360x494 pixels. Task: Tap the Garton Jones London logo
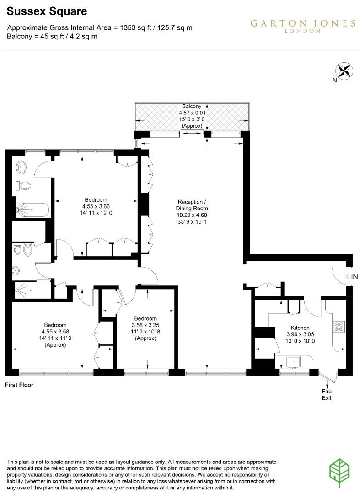(x=302, y=26)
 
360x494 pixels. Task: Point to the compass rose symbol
(x=344, y=71)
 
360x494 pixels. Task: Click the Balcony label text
(x=191, y=106)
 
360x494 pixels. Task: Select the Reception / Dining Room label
(x=192, y=205)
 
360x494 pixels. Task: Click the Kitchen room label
(x=301, y=328)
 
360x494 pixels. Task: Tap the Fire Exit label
(x=327, y=394)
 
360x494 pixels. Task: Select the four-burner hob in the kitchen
(x=340, y=327)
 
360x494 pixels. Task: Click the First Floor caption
(x=19, y=385)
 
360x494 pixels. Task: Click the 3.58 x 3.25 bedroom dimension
(x=145, y=325)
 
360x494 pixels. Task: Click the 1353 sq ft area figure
(x=133, y=27)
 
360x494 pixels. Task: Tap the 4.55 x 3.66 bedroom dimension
(x=96, y=206)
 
